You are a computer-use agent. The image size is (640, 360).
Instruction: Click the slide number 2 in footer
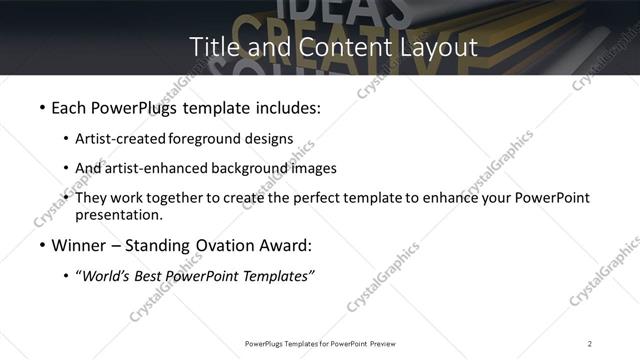590,343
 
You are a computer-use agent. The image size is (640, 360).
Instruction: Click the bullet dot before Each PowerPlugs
41,107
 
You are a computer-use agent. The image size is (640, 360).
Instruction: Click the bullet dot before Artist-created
66,139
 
